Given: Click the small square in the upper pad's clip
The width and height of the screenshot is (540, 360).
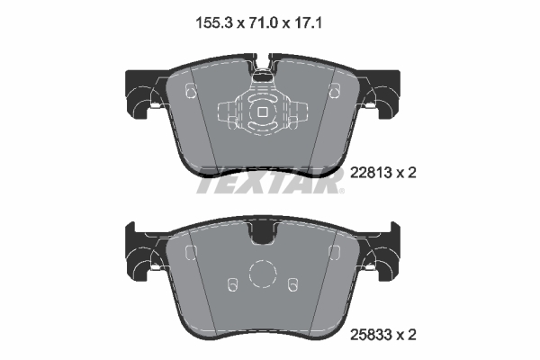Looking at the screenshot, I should point(261,112).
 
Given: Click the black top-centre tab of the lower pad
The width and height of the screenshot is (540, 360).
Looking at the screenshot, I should point(262,233).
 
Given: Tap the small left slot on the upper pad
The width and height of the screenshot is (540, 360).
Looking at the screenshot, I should point(189,90).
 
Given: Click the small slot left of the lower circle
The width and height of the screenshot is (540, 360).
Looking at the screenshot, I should point(232,285).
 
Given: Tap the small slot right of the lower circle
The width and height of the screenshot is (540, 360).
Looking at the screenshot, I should point(292,285).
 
